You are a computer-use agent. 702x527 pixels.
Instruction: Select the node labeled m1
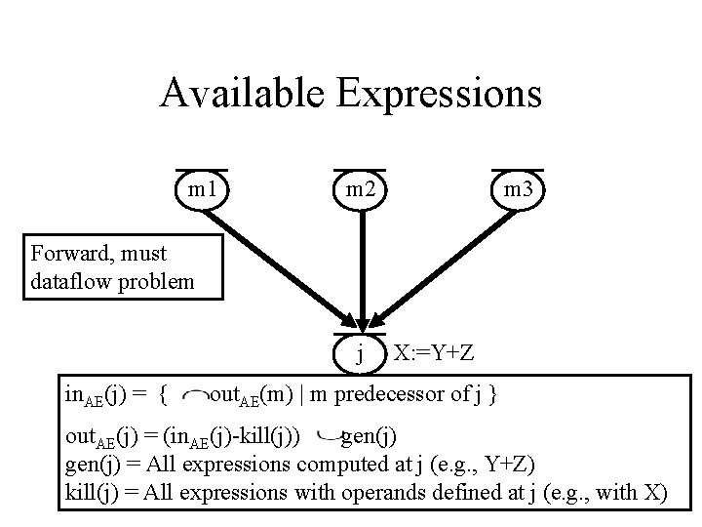pyautogui.click(x=202, y=189)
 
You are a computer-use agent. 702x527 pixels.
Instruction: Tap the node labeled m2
pyautogui.click(x=361, y=189)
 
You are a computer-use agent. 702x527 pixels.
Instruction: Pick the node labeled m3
pyautogui.click(x=518, y=189)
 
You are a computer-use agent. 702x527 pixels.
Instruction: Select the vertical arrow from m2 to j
pyautogui.click(x=362, y=263)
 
